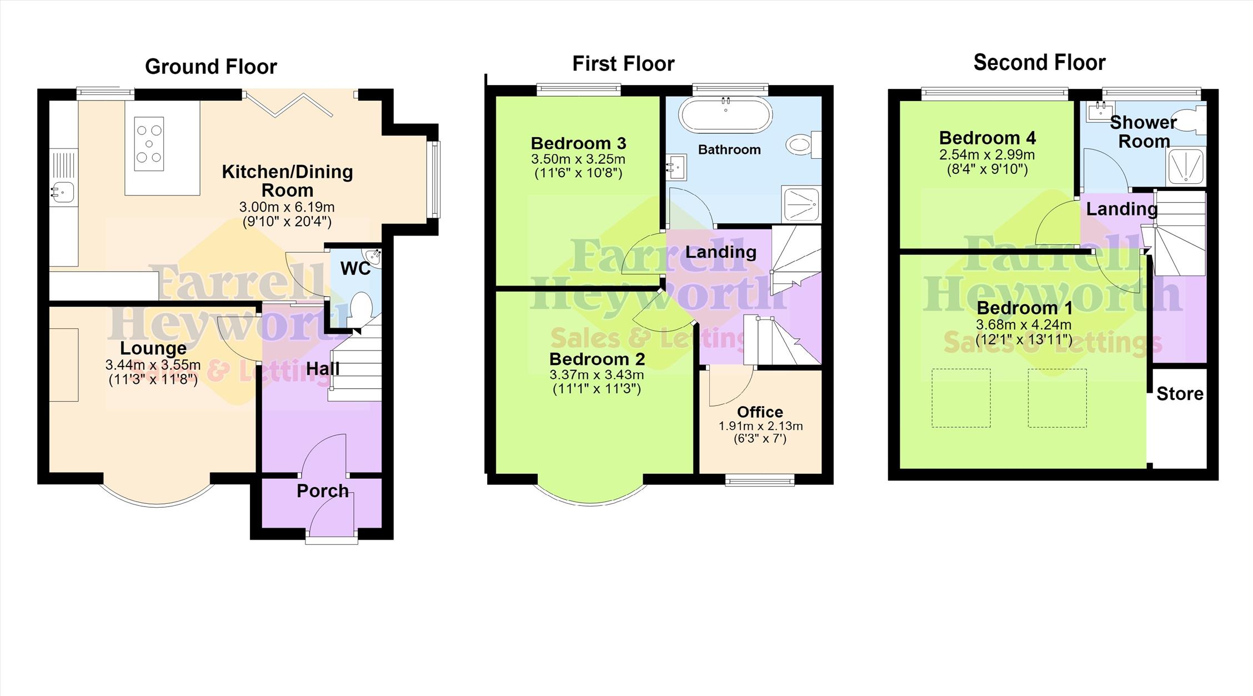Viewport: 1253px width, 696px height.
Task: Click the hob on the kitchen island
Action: (149, 143)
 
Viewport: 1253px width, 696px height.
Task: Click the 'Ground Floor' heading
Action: (211, 67)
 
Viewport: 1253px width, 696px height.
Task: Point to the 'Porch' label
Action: (323, 491)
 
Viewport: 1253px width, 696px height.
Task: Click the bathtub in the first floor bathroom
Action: (725, 114)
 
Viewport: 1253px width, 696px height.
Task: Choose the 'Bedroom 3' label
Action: (578, 143)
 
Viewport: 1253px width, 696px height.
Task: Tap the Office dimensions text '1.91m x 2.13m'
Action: (760, 426)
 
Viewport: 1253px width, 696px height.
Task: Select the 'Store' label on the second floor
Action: (1180, 394)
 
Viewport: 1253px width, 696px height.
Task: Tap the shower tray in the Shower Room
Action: (1187, 166)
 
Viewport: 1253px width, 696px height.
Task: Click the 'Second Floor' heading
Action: (1039, 63)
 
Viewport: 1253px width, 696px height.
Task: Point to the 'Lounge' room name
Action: (153, 348)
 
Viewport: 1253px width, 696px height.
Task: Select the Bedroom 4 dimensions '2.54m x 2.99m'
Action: (987, 155)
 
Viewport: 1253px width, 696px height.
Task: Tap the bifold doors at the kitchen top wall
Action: (289, 104)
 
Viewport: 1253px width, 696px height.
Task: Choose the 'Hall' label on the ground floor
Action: (323, 368)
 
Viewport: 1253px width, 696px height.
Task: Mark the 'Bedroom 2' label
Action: (597, 359)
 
